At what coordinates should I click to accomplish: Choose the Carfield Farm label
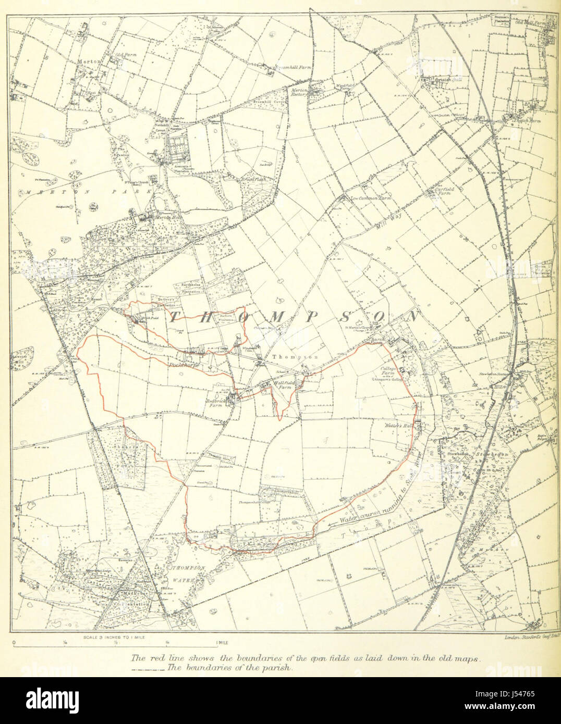pyautogui.click(x=445, y=193)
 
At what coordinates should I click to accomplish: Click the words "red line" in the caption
pyautogui.click(x=157, y=658)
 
